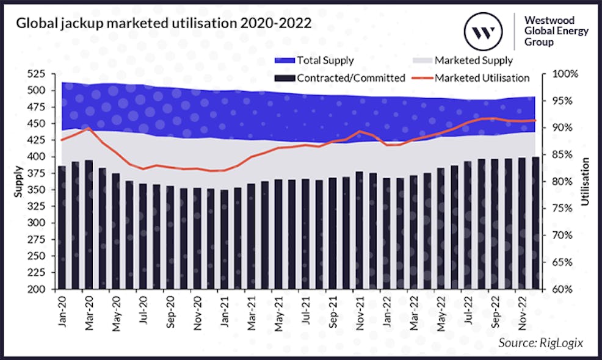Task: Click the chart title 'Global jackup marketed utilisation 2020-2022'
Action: click(x=164, y=24)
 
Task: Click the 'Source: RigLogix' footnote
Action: click(x=540, y=343)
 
